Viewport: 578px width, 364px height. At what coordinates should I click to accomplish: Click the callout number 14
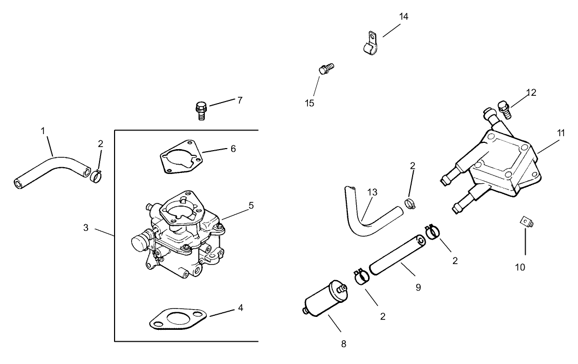pos(403,17)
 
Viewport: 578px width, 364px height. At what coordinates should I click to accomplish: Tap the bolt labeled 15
pos(325,69)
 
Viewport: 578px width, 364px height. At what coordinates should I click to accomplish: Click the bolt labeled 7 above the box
pos(201,110)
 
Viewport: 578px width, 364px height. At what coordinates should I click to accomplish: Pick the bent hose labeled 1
pos(52,168)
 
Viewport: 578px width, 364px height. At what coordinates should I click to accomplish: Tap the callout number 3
pos(86,227)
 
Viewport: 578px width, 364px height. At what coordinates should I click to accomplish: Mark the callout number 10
pos(520,267)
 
